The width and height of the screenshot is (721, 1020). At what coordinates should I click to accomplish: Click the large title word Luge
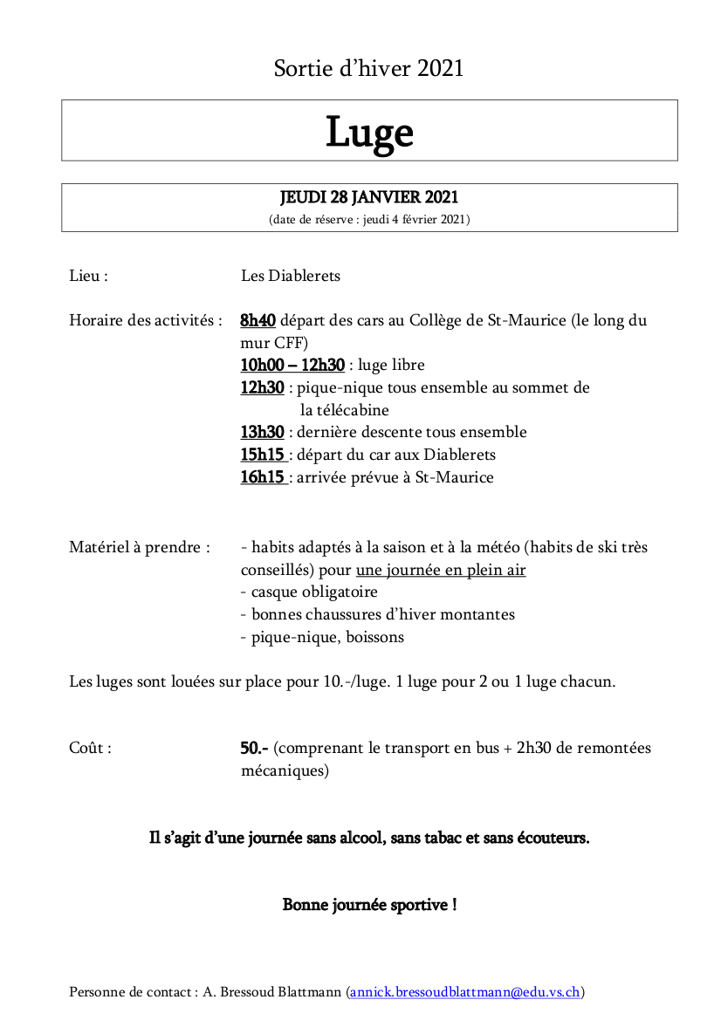[369, 132]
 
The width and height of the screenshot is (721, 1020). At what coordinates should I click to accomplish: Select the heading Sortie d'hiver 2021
[368, 68]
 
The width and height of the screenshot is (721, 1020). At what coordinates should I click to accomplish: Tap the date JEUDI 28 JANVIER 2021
[369, 198]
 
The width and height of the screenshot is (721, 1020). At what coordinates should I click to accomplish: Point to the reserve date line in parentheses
[369, 220]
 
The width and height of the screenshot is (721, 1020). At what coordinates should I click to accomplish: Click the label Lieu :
[88, 276]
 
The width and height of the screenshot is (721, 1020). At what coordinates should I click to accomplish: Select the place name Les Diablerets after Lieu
[291, 276]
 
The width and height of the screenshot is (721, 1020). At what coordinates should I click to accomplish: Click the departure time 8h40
[257, 320]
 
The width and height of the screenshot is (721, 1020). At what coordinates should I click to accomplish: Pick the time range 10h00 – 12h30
[292, 365]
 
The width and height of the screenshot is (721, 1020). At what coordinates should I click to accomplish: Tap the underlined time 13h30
[262, 432]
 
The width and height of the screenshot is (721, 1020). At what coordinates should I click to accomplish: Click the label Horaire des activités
[145, 320]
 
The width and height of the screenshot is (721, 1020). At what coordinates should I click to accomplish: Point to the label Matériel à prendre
[139, 548]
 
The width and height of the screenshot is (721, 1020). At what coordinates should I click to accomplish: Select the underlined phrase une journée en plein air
[441, 571]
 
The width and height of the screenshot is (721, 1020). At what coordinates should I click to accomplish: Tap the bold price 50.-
[254, 749]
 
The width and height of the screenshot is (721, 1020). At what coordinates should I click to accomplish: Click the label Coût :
[90, 749]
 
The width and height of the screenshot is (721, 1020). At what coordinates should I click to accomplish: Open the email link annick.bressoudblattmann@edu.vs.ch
[465, 992]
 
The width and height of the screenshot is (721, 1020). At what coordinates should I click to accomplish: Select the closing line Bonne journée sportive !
[369, 905]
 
